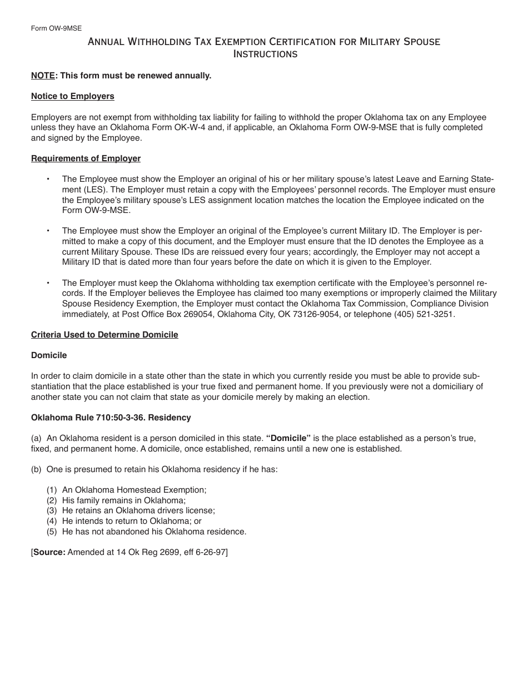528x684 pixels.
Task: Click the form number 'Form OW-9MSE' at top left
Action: [56, 28]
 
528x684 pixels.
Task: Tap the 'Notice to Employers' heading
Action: [72, 96]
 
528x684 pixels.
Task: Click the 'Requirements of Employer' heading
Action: [86, 158]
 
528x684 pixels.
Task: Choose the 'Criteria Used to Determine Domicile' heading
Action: [104, 335]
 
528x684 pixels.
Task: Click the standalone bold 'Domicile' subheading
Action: [49, 355]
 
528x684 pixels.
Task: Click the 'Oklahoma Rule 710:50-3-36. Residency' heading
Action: [111, 418]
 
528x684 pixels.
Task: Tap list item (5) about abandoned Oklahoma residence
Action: [146, 532]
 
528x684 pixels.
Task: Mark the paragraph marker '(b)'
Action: [36, 469]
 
